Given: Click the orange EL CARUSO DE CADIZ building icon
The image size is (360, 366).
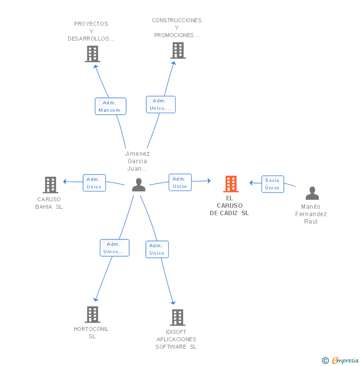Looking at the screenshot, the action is pyautogui.click(x=231, y=184).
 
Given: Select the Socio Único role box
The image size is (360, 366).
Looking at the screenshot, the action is pyautogui.click(x=272, y=184).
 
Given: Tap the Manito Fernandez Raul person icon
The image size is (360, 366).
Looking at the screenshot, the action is pyautogui.click(x=312, y=193).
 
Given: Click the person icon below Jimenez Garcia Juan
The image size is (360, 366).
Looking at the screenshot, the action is pyautogui.click(x=139, y=185).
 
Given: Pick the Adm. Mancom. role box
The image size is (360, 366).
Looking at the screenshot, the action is pyautogui.click(x=111, y=106).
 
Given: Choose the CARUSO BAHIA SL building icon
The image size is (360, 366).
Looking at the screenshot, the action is pyautogui.click(x=50, y=185).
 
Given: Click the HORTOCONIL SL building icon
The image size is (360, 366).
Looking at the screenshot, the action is pyautogui.click(x=92, y=315).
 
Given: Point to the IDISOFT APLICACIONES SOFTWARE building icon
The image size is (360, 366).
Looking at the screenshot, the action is pyautogui.click(x=178, y=318).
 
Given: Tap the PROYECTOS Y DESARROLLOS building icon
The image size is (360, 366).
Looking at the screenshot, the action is pyautogui.click(x=92, y=54).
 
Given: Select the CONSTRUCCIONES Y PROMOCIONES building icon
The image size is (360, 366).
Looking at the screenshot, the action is pyautogui.click(x=178, y=50).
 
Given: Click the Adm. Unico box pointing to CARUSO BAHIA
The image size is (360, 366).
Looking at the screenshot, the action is pyautogui.click(x=94, y=183).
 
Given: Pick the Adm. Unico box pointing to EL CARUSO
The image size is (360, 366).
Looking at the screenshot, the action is pyautogui.click(x=180, y=183).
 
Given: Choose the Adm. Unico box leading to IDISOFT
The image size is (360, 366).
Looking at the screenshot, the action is pyautogui.click(x=157, y=249).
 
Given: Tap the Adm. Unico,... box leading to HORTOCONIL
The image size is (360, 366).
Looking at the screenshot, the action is pyautogui.click(x=115, y=248).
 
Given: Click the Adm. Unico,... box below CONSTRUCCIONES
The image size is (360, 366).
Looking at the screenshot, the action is pyautogui.click(x=161, y=104).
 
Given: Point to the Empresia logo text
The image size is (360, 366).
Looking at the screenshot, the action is pyautogui.click(x=345, y=361).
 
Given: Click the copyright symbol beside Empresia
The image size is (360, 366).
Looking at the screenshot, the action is pyautogui.click(x=325, y=361).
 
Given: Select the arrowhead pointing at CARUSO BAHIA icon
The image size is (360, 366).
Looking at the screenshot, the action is pyautogui.click(x=65, y=182).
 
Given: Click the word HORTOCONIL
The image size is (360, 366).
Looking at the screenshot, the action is pyautogui.click(x=91, y=329).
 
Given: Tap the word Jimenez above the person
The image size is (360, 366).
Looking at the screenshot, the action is pyautogui.click(x=137, y=154).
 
